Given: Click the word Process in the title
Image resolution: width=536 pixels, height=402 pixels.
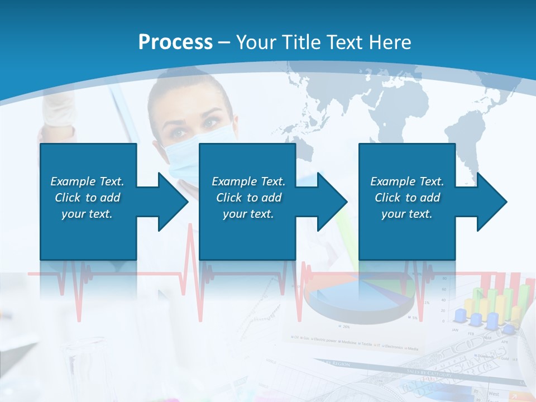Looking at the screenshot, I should point(175,42).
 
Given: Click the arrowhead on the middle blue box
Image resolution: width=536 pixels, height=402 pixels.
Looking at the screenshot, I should point(331,202).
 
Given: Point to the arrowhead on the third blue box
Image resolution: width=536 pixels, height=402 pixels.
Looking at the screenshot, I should point(491,202).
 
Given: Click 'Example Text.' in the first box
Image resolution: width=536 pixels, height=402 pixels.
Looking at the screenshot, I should point(87,181).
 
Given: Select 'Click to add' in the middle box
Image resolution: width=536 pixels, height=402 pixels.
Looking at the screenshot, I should point(248,198).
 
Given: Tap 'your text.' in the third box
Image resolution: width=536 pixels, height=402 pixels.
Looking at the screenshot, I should point(406,214).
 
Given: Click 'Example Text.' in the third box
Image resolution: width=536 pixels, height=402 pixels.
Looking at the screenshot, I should point(407,181).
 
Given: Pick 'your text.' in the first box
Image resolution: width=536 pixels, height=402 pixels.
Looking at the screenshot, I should point(87,214).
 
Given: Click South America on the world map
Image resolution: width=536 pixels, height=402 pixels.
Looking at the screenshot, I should point(466,140).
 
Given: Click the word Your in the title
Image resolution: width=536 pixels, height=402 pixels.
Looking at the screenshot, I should point(255,42).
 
